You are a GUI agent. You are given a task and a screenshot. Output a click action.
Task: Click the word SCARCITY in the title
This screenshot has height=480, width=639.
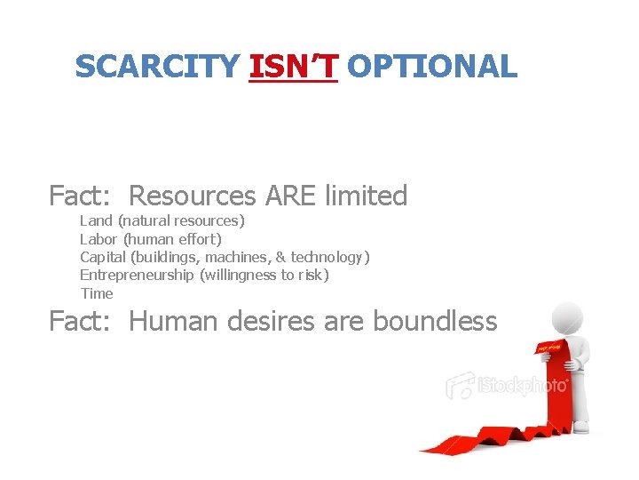(x=157, y=67)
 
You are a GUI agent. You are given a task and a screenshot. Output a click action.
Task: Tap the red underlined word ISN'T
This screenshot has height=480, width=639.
(x=294, y=67)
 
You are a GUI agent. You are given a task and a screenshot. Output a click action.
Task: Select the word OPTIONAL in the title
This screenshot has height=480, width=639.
(x=431, y=67)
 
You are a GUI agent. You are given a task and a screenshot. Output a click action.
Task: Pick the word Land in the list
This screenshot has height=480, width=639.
(x=96, y=220)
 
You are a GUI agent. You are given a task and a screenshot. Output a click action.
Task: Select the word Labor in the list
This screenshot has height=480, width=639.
(x=98, y=239)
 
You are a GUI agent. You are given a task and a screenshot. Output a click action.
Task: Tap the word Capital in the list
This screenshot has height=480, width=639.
(x=104, y=257)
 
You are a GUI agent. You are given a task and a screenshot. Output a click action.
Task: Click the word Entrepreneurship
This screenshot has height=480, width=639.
(x=137, y=276)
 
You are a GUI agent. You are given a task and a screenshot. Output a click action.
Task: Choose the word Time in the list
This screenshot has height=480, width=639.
(x=97, y=293)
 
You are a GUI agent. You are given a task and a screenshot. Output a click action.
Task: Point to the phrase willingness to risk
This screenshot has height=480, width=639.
(x=264, y=276)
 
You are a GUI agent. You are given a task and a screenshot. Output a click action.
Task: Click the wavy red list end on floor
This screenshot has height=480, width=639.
(x=479, y=440)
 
